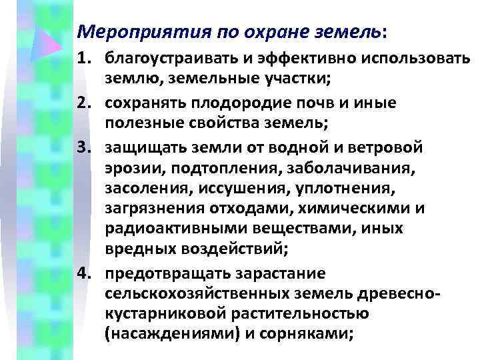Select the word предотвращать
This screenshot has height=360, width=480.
157,273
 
